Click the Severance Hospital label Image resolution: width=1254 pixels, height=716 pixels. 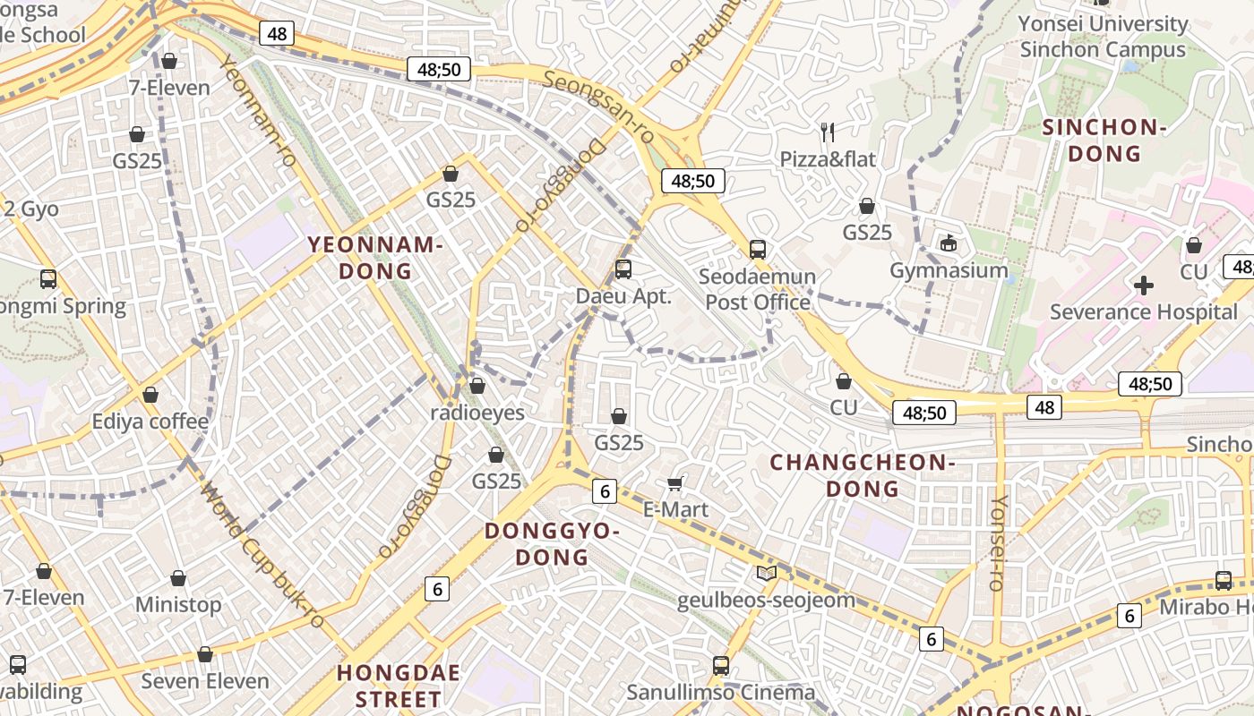(x=1143, y=312)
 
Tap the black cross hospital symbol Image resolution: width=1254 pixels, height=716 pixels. (x=1144, y=286)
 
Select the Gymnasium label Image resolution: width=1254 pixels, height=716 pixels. (x=949, y=270)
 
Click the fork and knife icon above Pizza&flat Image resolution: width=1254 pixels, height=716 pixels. (x=828, y=132)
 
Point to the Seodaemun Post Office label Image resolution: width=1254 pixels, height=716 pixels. (x=758, y=289)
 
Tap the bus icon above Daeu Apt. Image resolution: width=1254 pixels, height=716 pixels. (x=623, y=268)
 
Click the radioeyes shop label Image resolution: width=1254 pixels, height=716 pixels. (x=477, y=413)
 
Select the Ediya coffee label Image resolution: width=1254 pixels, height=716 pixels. (x=150, y=422)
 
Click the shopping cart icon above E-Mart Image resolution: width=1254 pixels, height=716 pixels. (x=675, y=484)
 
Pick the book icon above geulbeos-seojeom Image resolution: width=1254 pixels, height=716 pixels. (x=766, y=574)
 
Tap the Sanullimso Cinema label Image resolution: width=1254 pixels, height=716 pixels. (x=721, y=692)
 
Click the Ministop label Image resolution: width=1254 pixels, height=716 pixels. (x=178, y=605)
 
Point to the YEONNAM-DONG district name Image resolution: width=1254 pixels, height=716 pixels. (x=375, y=258)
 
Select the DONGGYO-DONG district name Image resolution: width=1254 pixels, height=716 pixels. (x=552, y=544)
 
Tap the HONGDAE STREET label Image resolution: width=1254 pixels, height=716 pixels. (x=399, y=686)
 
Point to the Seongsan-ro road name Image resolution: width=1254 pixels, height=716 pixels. (x=598, y=107)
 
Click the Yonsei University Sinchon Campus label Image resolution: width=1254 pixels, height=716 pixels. (x=1103, y=37)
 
